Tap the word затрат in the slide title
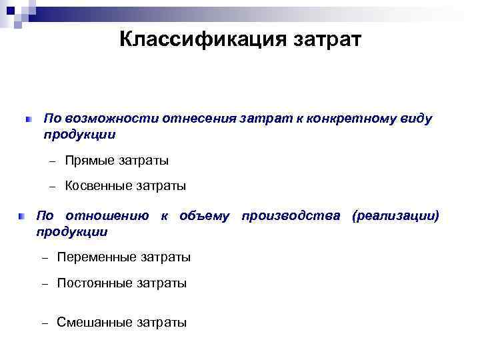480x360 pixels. click(325, 40)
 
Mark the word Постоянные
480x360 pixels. click(95, 283)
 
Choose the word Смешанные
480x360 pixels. click(95, 323)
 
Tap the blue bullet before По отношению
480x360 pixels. click(21, 217)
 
